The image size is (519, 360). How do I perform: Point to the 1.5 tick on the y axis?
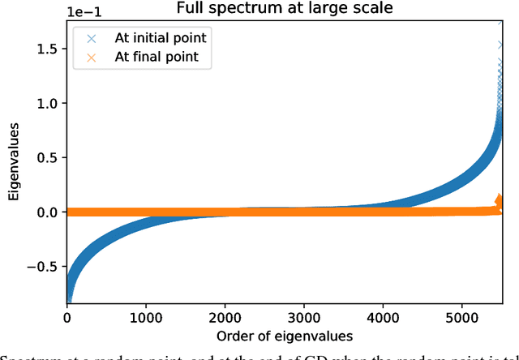point(47,49)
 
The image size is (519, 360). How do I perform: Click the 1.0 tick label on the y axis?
point(47,104)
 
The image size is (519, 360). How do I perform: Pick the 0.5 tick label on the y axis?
point(47,158)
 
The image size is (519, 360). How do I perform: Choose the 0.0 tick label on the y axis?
point(47,212)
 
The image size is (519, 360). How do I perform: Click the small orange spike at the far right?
point(500,200)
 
